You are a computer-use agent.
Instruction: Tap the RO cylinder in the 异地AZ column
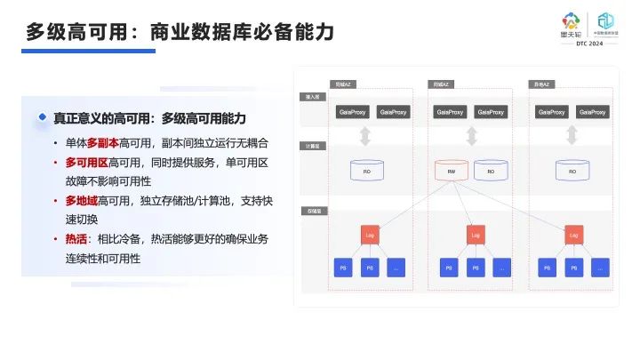(x=572, y=169)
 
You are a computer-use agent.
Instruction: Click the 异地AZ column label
(x=540, y=84)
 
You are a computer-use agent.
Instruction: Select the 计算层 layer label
(x=313, y=143)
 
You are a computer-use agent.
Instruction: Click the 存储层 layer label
(x=313, y=212)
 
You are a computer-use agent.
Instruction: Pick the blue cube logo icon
(x=605, y=20)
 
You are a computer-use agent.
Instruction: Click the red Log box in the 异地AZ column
(x=572, y=235)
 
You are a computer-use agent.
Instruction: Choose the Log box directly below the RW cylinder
(x=475, y=235)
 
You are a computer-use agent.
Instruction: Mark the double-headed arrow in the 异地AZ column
(x=572, y=136)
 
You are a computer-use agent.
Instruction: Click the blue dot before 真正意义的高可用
(x=42, y=118)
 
